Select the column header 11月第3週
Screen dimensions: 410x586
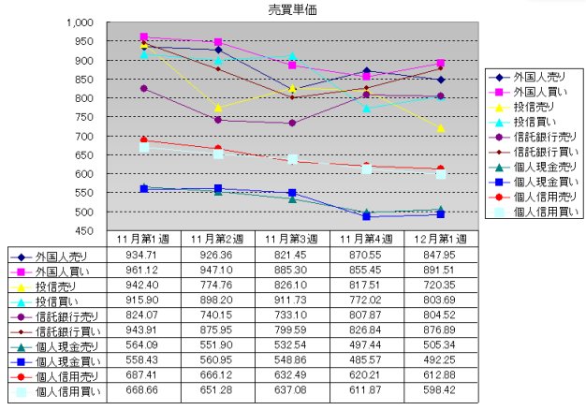tap(292, 240)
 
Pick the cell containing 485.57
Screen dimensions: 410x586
tap(366, 359)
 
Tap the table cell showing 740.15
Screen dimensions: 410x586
tap(218, 315)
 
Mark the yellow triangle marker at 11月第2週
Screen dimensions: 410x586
tap(218, 108)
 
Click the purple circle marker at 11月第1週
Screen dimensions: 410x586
tap(144, 89)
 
